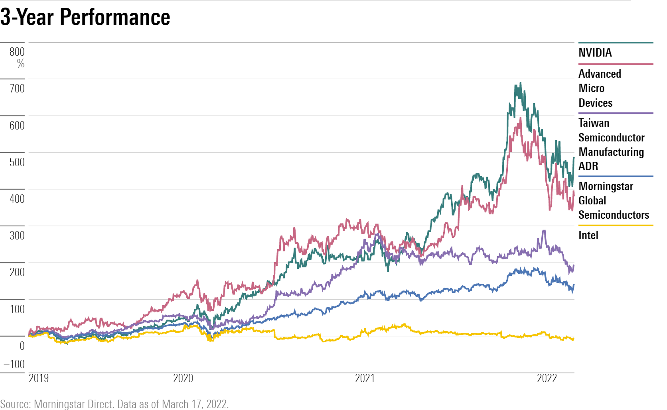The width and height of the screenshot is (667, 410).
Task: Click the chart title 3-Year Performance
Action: pyautogui.click(x=85, y=17)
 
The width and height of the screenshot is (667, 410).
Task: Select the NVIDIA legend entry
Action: pyautogui.click(x=595, y=53)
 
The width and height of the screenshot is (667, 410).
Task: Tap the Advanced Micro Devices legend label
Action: pyautogui.click(x=600, y=88)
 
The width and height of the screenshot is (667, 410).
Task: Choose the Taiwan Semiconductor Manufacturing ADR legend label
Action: pyautogui.click(x=611, y=144)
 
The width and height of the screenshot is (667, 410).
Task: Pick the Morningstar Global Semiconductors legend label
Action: pyautogui.click(x=614, y=200)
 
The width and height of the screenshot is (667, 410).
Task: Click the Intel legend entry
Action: pyautogui.click(x=588, y=235)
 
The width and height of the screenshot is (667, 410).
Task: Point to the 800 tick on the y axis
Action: pyautogui.click(x=17, y=52)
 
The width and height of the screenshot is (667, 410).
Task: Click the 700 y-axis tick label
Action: pyautogui.click(x=17, y=88)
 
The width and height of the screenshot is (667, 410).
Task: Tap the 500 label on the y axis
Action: pyautogui.click(x=17, y=162)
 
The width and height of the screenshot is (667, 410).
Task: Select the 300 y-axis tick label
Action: pyautogui.click(x=17, y=235)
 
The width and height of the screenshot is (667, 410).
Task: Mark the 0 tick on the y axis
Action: pyautogui.click(x=22, y=346)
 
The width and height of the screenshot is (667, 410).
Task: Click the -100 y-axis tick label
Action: pyautogui.click(x=14, y=364)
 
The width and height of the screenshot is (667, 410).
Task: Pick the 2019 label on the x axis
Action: pyautogui.click(x=39, y=378)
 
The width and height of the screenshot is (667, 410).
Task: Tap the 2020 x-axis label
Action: pyautogui.click(x=183, y=378)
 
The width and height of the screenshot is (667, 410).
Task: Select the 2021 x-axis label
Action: pyautogui.click(x=365, y=378)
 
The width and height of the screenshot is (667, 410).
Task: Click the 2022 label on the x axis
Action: pyautogui.click(x=547, y=378)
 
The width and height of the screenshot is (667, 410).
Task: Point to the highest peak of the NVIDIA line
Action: pyautogui.click(x=520, y=83)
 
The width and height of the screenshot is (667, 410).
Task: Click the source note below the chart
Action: pyautogui.click(x=114, y=404)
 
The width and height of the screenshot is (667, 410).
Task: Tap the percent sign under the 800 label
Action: pyautogui.click(x=21, y=63)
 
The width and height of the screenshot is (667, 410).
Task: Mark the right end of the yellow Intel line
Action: pyautogui.click(x=573, y=339)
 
